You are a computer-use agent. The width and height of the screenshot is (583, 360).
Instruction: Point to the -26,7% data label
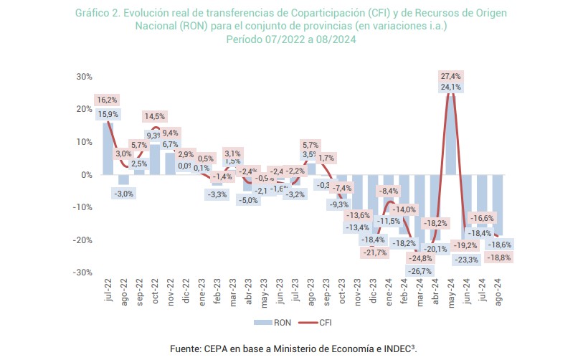click(420, 271)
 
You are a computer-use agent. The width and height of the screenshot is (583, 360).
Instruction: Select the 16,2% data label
click(105, 100)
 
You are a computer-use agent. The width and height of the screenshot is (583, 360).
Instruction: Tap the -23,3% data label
click(466, 259)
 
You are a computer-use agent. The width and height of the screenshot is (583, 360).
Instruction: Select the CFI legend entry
click(316, 323)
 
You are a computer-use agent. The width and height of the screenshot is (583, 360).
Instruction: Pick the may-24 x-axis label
click(451, 294)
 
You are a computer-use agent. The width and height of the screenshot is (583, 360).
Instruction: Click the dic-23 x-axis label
click(374, 294)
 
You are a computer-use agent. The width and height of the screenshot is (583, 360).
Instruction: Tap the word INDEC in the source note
click(392, 349)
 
